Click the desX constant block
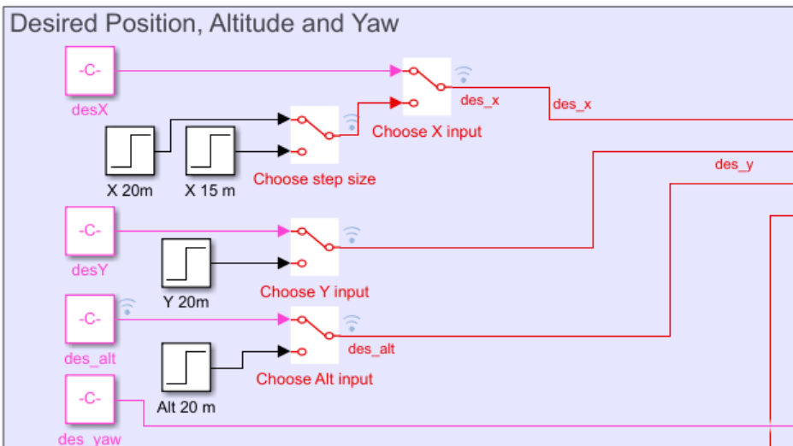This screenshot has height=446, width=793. click(x=90, y=72)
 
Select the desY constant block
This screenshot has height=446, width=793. click(x=90, y=231)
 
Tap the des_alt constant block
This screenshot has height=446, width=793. click(x=90, y=320)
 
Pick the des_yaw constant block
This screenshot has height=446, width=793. click(x=90, y=399)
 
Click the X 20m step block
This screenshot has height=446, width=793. click(x=130, y=151)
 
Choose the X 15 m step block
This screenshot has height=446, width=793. click(x=210, y=151)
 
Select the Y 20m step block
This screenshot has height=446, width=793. click(x=186, y=262)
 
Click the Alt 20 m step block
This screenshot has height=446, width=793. click(x=186, y=367)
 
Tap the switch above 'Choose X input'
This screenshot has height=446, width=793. click(x=426, y=86)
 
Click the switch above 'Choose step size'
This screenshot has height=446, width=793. click(x=315, y=135)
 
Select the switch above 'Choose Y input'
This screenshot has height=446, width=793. click(x=315, y=246)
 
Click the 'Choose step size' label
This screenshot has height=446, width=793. click(x=314, y=179)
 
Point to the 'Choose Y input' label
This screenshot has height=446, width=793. click(x=314, y=292)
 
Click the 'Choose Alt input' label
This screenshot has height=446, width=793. click(x=314, y=379)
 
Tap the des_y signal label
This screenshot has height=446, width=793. click(x=733, y=164)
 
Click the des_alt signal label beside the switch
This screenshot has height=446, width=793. click(x=371, y=349)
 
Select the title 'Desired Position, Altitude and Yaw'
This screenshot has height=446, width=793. click(x=204, y=23)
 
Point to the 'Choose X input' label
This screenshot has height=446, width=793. click(x=427, y=132)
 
